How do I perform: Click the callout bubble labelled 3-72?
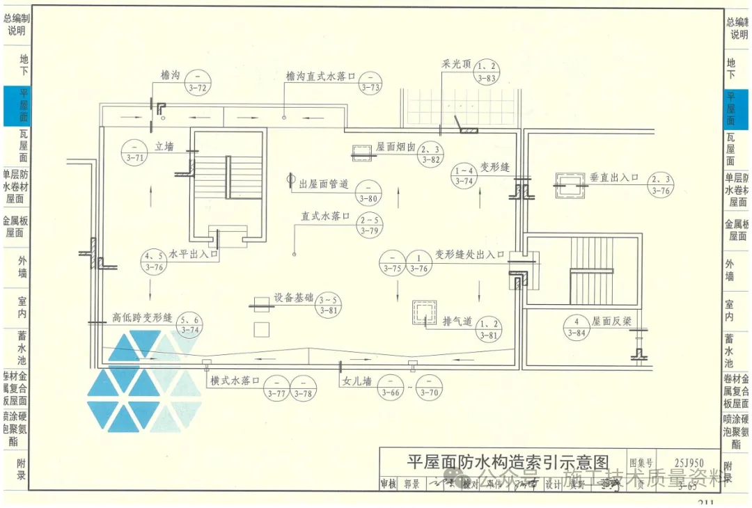point(199,82)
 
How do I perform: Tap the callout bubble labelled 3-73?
point(370,81)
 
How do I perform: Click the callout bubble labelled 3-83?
point(487,72)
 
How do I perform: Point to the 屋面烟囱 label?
point(395,148)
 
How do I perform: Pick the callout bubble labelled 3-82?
point(431,154)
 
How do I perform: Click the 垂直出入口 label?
point(614,177)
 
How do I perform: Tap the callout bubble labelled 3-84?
point(577,327)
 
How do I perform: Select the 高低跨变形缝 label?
point(142,317)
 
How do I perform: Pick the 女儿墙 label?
point(357,381)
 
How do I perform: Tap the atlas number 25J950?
point(689,462)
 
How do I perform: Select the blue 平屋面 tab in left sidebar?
point(16,106)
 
